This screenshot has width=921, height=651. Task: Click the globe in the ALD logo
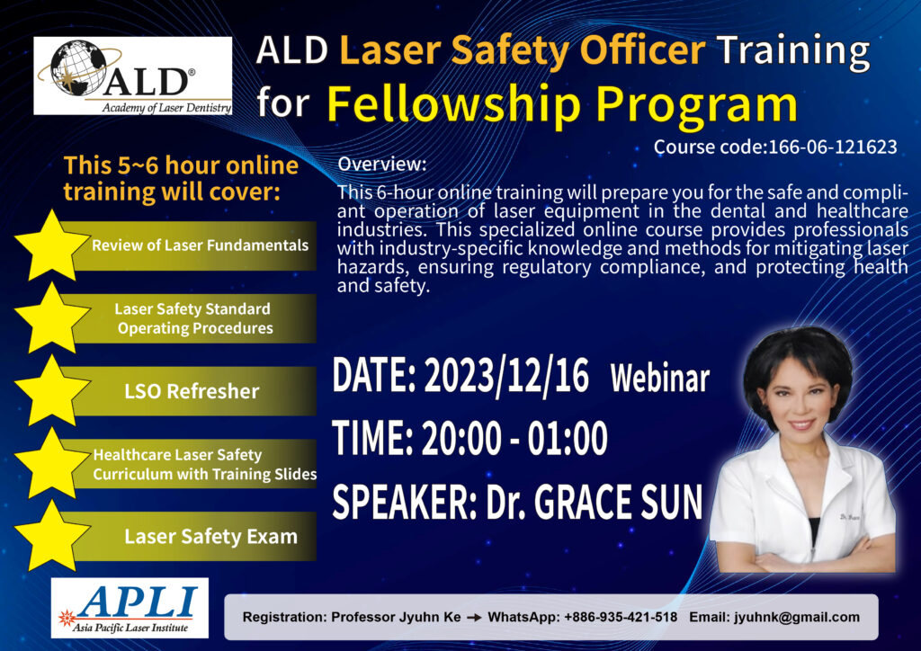[79, 67]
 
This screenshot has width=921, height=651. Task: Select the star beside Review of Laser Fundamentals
[51, 245]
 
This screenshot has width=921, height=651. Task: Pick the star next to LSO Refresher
[51, 391]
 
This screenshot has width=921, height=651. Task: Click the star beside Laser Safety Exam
[51, 536]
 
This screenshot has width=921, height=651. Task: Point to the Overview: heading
[381, 164]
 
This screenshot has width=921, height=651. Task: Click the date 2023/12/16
[506, 375]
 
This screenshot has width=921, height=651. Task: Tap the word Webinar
[660, 378]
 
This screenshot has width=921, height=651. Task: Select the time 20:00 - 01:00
[514, 438]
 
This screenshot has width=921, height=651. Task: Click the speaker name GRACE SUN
[618, 502]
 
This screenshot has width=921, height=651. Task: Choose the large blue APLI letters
[137, 602]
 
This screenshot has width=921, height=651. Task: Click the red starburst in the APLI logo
[67, 618]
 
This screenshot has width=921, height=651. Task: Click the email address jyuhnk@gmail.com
[797, 617]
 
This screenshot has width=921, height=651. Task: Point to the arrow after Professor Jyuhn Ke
[474, 618]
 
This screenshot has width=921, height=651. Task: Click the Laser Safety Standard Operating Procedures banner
[195, 318]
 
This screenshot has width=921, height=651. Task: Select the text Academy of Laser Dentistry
[166, 107]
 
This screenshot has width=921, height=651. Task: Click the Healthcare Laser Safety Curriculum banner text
[205, 464]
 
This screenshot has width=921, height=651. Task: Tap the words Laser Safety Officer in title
[523, 51]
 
